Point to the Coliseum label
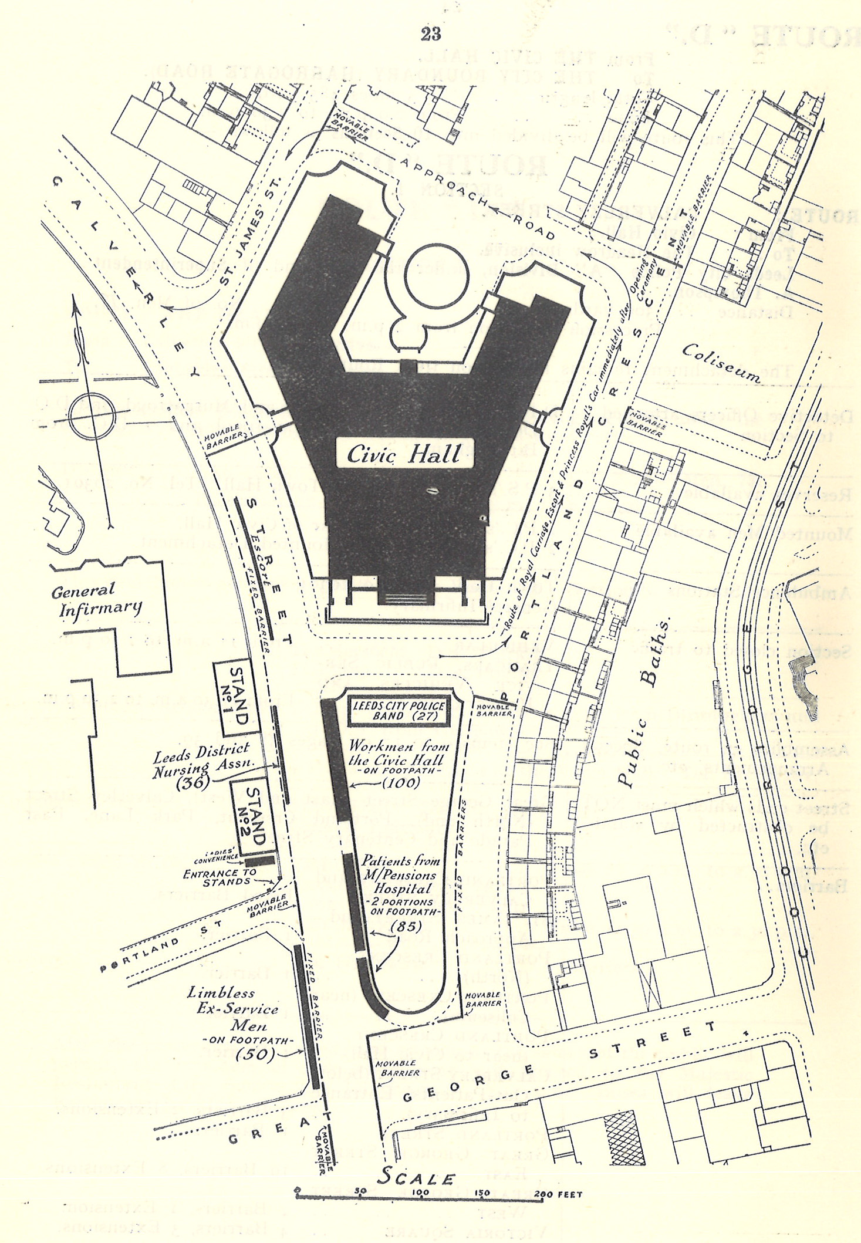(x=721, y=364)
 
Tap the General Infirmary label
(x=96, y=599)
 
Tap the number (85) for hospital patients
(x=401, y=927)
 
